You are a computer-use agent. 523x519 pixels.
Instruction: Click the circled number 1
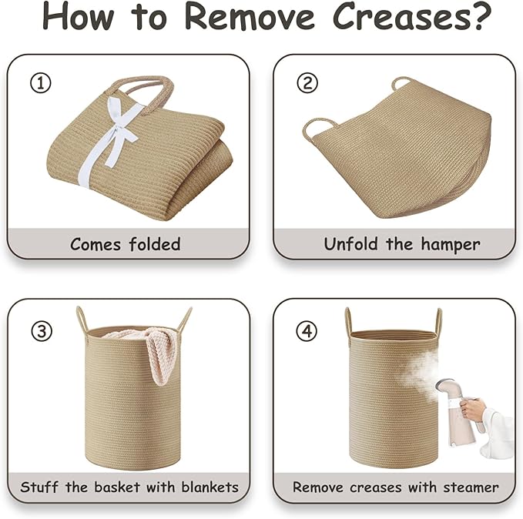coord(41,83)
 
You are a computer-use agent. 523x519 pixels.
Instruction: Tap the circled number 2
coord(307,83)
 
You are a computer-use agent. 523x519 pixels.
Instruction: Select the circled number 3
coord(42,331)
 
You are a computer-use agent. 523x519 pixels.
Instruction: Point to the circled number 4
coord(307,331)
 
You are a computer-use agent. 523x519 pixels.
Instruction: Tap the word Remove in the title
coord(250,17)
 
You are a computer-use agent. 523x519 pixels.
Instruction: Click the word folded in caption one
coord(155,244)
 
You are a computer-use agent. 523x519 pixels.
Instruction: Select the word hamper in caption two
coord(451,245)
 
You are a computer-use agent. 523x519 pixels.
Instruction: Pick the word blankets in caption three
coord(210,487)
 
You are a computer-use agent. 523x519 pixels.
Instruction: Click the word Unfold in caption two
coord(352,244)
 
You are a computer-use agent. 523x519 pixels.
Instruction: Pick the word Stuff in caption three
coord(39,487)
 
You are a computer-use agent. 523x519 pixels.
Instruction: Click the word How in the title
coord(78,17)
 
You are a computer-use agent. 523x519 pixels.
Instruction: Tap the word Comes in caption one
coord(95,245)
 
